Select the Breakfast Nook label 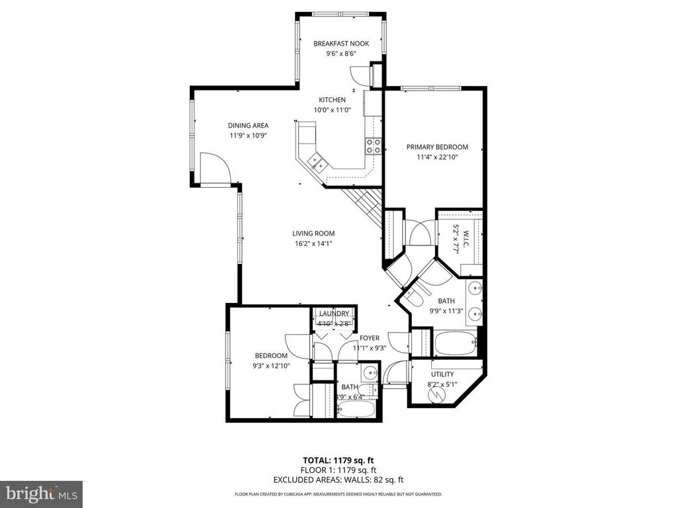[340, 44]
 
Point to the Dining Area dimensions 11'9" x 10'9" [248, 136]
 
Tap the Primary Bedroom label [437, 147]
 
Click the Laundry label [334, 314]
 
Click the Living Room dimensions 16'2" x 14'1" [313, 243]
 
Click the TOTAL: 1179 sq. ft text [340, 460]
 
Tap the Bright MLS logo [41, 493]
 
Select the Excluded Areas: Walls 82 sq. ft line [340, 480]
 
